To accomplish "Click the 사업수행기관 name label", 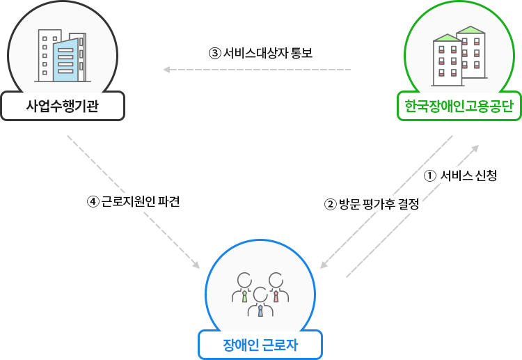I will tap(63, 107).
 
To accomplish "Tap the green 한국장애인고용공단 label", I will tap(459, 107).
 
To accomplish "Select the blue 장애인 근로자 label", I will tap(260, 344).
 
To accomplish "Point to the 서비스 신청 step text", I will tap(468, 176).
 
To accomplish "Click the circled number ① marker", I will tap(429, 176).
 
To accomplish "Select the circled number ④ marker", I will tap(93, 202).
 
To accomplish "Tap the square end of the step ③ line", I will tap(166, 70).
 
